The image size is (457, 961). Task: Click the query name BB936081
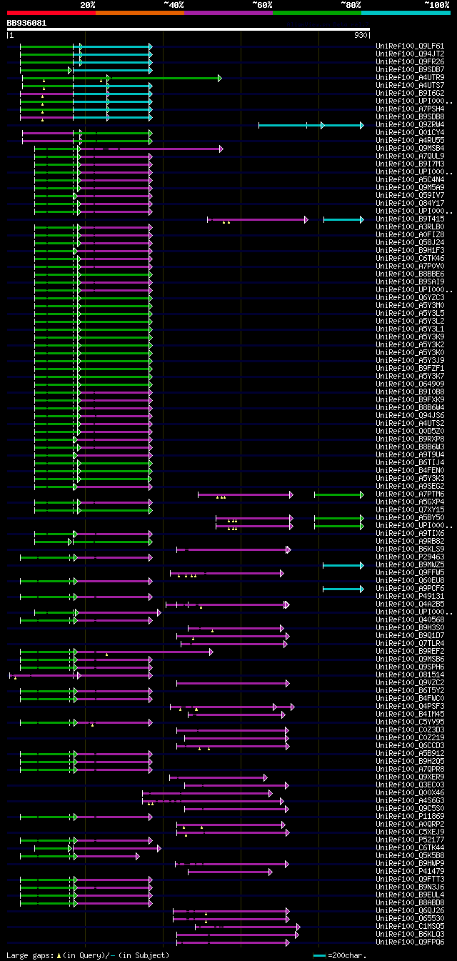point(27,23)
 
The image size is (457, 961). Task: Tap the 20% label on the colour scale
point(88,5)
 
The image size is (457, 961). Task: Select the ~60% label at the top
point(262,5)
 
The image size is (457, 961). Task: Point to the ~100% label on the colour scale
point(436,5)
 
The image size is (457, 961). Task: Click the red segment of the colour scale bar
point(51,13)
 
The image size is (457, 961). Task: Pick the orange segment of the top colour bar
point(139,13)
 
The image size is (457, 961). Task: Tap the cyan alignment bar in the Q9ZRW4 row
point(310,125)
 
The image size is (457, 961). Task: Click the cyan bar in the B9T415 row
point(343,219)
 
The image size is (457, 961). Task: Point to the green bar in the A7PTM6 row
point(338,494)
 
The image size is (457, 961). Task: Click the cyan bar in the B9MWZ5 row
point(343,565)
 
